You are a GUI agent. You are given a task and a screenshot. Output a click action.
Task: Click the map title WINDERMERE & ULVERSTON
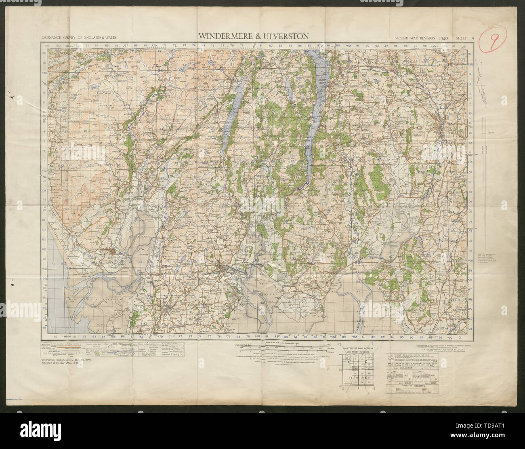point(253,36)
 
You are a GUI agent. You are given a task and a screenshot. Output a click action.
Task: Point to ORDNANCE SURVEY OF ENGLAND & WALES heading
point(78,38)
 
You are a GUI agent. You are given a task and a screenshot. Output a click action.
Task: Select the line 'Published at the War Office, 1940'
point(65,363)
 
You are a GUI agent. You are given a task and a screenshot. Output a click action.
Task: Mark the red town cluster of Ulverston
point(223,270)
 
